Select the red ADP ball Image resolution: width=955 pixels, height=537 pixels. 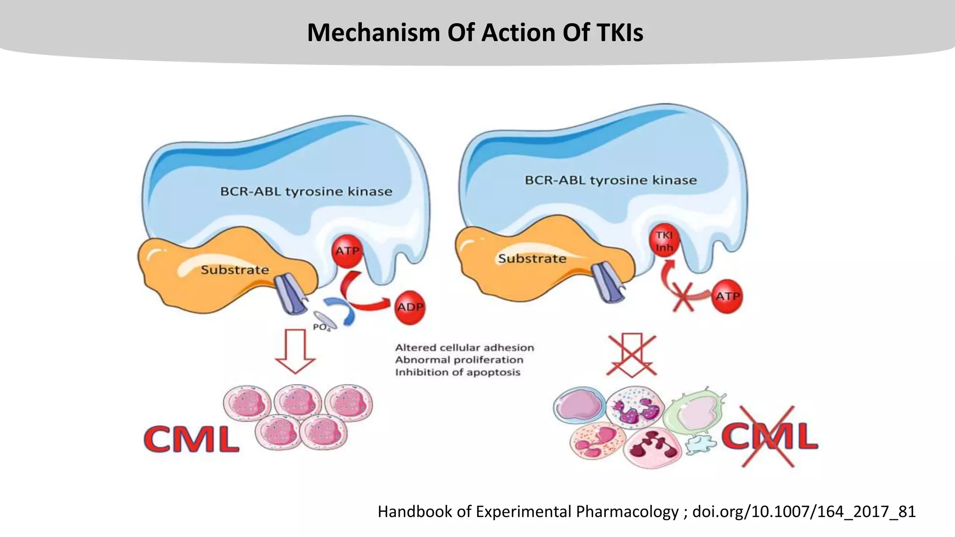tap(410, 307)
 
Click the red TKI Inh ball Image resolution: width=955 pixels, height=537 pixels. tap(664, 241)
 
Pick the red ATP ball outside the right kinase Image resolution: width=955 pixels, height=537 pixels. tap(727, 296)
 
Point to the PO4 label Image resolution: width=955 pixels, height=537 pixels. tap(322, 327)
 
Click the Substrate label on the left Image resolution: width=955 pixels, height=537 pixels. tap(235, 270)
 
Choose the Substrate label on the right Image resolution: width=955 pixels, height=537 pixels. tap(532, 259)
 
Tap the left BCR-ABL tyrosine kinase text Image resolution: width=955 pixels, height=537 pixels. tap(306, 192)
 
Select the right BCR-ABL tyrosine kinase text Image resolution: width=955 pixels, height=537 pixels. tap(611, 180)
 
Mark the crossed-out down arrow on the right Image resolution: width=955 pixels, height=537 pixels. tap(632, 354)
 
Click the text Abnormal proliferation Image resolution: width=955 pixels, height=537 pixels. tap(459, 360)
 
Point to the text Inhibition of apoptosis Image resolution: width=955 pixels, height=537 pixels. tap(457, 372)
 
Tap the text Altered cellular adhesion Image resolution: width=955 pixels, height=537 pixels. tap(464, 348)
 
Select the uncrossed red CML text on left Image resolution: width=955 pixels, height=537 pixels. tap(192, 439)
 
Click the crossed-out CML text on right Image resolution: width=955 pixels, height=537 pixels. tap(769, 436)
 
